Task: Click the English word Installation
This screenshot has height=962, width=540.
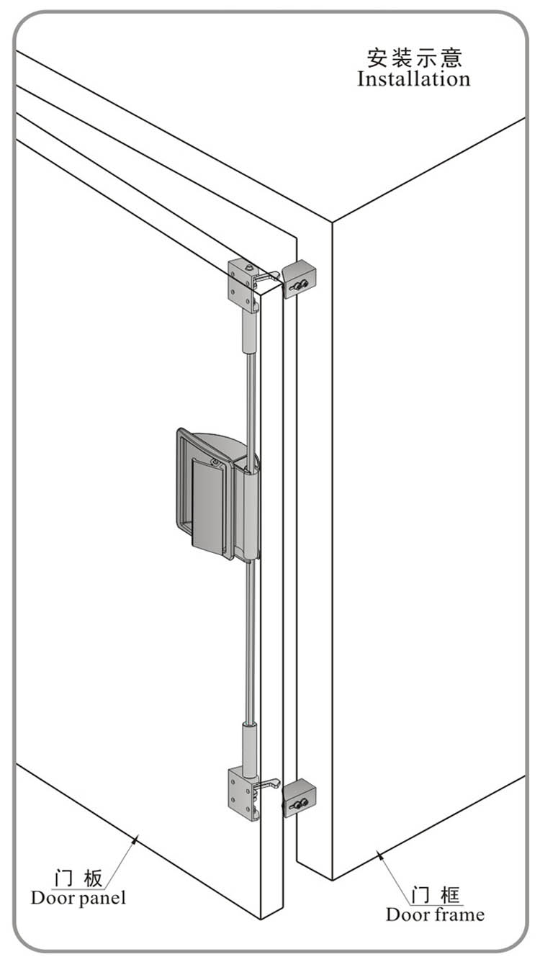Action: tap(414, 79)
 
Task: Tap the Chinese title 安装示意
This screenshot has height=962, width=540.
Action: tap(415, 58)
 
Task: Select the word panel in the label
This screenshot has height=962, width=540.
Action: tap(102, 899)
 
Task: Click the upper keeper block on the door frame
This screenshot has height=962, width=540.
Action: tap(299, 278)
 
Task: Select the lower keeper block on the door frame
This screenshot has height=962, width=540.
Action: tap(299, 798)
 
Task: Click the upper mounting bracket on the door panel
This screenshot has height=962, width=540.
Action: tap(243, 284)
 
